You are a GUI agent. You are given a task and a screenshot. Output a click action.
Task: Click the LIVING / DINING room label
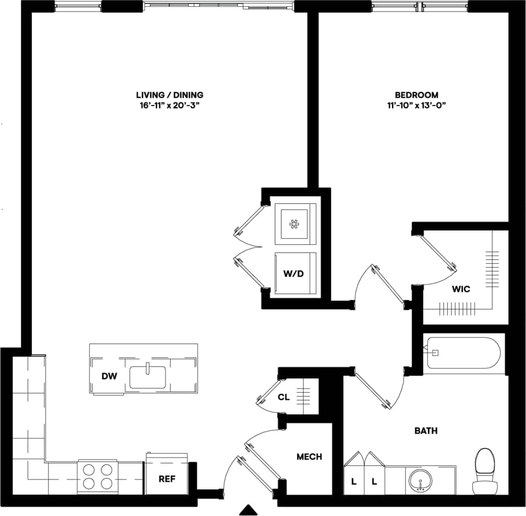[170, 95]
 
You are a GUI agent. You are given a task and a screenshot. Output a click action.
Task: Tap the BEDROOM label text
[416, 95]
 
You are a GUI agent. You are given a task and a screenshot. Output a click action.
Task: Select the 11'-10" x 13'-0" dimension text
[416, 105]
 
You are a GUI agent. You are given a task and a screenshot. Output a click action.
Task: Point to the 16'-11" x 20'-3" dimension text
[170, 105]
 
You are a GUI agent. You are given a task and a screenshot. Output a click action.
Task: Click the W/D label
[293, 274]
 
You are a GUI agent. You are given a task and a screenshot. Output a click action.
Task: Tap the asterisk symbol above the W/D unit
[293, 224]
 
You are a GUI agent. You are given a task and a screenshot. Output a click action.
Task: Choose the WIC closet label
[461, 289]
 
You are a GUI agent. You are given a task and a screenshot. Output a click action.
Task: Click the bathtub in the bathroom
[463, 353]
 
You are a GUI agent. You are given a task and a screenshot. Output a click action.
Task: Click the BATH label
[426, 431]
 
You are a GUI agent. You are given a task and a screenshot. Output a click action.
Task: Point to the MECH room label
[309, 457]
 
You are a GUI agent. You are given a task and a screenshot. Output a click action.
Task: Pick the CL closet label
[284, 397]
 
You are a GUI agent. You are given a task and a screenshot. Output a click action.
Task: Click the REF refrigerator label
[167, 479]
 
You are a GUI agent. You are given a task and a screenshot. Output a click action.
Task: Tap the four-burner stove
[97, 477]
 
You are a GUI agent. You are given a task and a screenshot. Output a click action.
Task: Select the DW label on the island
[109, 376]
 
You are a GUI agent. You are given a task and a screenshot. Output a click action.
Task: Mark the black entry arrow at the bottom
[249, 509]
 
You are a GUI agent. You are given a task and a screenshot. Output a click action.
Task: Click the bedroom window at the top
[419, 6]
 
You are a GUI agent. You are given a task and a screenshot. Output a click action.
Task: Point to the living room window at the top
[219, 6]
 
